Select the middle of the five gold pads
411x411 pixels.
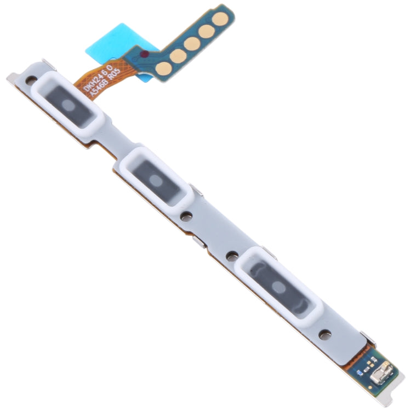tap(192, 43)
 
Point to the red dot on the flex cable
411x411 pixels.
tap(144, 54)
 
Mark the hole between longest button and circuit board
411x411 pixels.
tap(324, 332)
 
